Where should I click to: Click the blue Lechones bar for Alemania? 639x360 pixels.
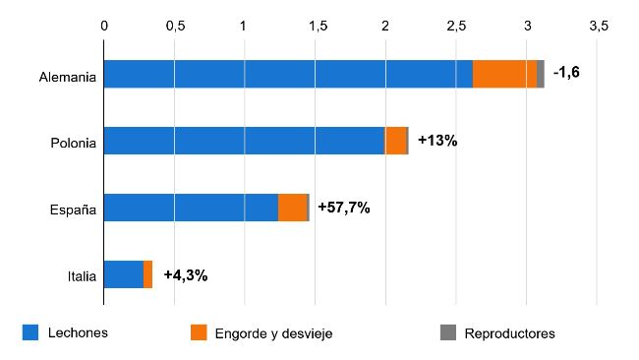[287, 74]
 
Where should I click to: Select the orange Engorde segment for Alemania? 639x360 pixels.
[504, 74]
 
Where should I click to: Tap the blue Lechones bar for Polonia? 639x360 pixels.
[244, 141]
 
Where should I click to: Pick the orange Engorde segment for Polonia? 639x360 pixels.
[395, 141]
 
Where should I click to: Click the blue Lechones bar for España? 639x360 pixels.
[191, 208]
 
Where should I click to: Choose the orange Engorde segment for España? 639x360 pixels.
[292, 208]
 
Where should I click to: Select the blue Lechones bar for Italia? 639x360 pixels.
[123, 274]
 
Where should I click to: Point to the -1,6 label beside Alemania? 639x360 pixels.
[566, 73]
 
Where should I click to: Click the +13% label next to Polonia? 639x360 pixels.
[437, 141]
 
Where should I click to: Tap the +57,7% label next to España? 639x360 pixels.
[343, 208]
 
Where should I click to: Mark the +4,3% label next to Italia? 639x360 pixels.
[185, 274]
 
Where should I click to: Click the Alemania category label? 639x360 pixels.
[67, 75]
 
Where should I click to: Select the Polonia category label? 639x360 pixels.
[73, 142]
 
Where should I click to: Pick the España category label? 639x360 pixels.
[73, 209]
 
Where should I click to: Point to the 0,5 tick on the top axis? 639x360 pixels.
[174, 26]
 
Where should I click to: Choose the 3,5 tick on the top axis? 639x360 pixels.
[597, 26]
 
